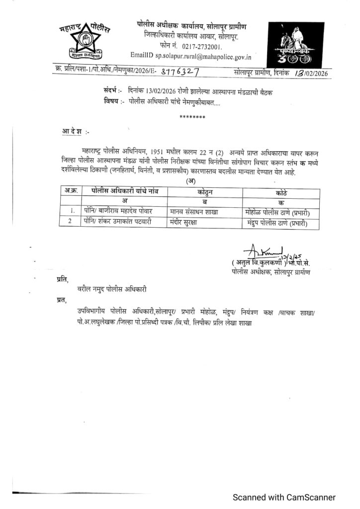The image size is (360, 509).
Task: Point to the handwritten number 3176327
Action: click(180, 73)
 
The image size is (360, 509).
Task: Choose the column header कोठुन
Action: click(204, 192)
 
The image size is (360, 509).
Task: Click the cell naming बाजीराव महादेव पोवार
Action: click(118, 210)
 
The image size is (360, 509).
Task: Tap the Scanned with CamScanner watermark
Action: click(285, 497)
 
